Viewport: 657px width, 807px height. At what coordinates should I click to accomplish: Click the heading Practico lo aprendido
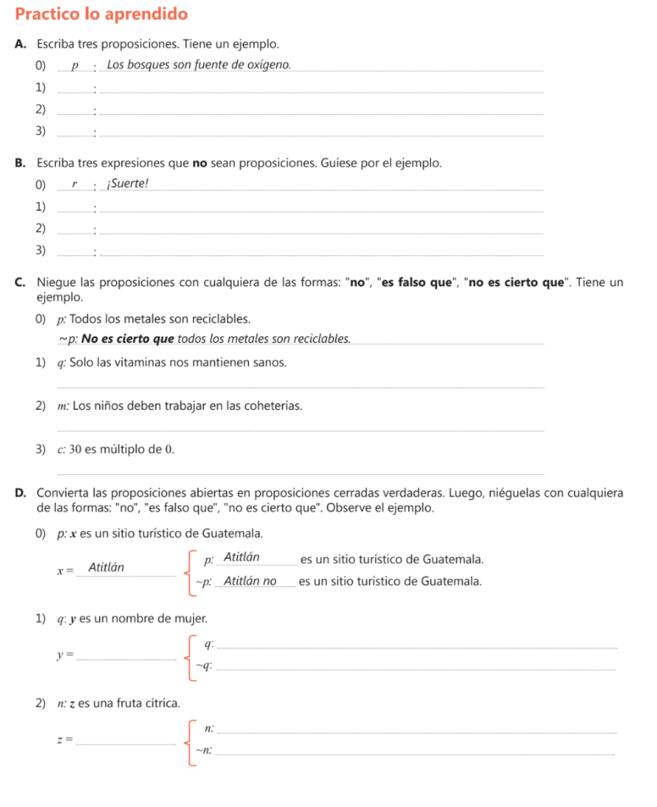(x=102, y=14)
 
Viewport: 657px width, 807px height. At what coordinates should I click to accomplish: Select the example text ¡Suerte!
(x=127, y=184)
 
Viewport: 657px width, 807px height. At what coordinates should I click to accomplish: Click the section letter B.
(x=18, y=163)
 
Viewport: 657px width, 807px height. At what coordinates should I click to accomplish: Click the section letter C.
(x=18, y=282)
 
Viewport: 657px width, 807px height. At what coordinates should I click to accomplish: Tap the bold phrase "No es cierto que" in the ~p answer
(x=127, y=339)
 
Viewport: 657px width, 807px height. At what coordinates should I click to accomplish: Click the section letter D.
(x=18, y=493)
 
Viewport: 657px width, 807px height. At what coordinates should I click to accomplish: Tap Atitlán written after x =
(x=105, y=567)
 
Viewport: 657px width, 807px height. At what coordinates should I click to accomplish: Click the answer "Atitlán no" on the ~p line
(x=251, y=582)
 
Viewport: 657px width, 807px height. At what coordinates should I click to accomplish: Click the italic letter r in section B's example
(x=75, y=184)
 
